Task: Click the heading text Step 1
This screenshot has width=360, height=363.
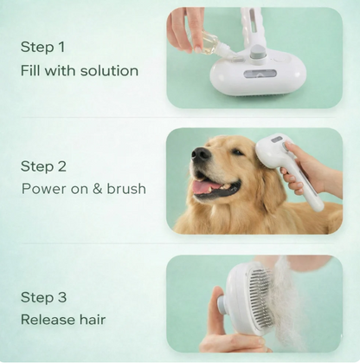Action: tap(42, 48)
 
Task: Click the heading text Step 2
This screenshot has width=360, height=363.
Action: tap(42, 165)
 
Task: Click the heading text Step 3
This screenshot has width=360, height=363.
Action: tap(42, 297)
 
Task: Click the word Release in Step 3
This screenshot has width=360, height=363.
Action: tap(48, 320)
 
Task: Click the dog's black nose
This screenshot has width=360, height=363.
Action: tap(200, 154)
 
